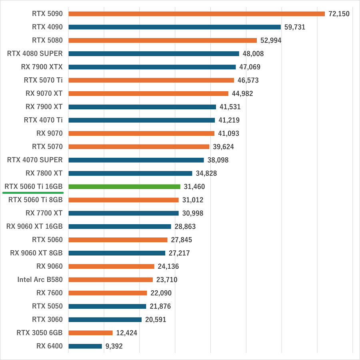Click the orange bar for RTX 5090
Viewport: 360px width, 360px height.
point(196,14)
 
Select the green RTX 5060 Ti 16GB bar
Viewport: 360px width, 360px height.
point(124,187)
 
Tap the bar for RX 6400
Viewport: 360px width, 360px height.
point(85,346)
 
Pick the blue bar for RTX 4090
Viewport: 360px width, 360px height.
point(174,27)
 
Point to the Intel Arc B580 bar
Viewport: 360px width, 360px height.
point(111,280)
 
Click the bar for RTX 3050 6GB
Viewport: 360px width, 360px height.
point(90,333)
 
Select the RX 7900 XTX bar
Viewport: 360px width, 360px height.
point(152,67)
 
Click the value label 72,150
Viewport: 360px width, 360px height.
point(339,14)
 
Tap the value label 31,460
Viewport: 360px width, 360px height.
point(194,187)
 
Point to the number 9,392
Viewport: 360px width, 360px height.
point(114,346)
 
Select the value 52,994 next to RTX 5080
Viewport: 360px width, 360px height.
point(271,40)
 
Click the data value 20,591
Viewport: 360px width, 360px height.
point(156,320)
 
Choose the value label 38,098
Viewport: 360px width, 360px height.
point(218,160)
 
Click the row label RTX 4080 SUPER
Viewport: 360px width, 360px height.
point(35,54)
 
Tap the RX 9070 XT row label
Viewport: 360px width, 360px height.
point(44,93)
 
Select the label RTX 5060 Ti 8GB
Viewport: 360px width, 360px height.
point(36,200)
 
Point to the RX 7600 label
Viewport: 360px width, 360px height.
point(50,293)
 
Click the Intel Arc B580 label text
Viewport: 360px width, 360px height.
point(40,280)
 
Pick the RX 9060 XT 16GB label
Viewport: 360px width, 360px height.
point(34,226)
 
